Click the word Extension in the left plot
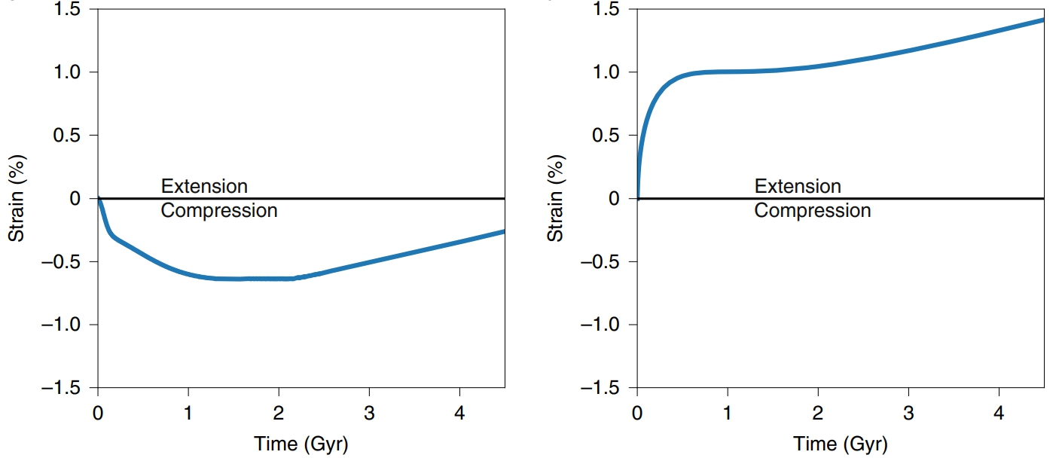point(204,186)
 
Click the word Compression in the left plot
point(219,211)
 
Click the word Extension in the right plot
point(798,186)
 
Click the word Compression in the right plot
point(813,211)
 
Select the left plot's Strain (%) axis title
point(16,199)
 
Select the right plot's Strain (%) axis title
point(556,199)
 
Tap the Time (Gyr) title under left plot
point(301,444)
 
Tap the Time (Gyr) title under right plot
point(841,444)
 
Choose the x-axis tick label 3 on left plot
point(369,414)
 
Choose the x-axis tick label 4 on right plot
point(999,414)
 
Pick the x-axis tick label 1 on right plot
point(728,414)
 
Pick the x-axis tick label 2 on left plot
point(279,414)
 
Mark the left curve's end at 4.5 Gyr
point(503,232)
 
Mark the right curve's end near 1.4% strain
point(1043,20)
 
